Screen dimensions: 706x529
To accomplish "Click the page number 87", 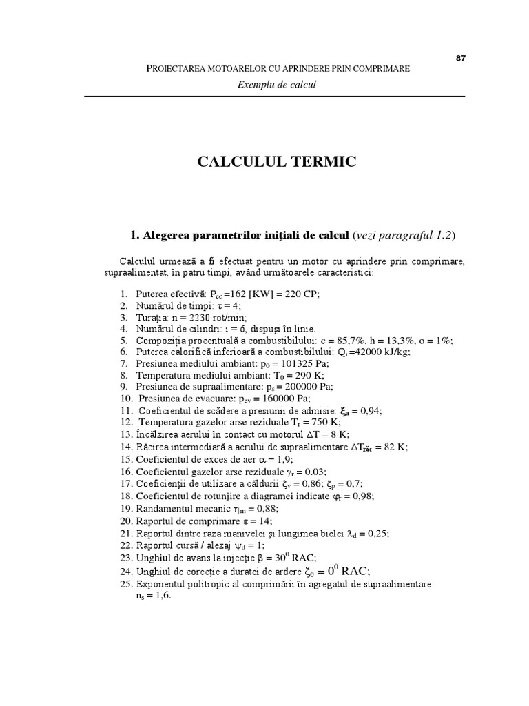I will [x=461, y=58].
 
